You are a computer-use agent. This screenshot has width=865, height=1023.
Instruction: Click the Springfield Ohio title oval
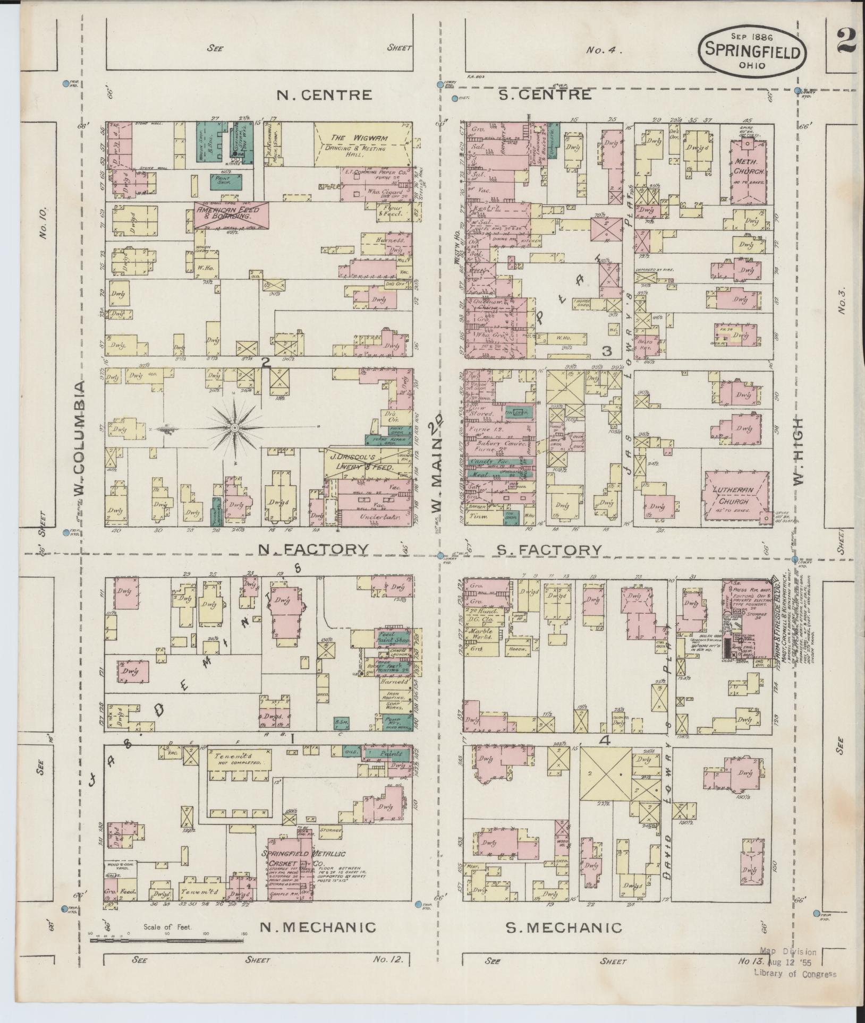753,51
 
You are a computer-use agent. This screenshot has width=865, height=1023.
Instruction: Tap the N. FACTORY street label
313,549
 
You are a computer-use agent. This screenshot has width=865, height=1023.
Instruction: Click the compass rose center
234,427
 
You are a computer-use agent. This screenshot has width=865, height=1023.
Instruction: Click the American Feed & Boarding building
232,215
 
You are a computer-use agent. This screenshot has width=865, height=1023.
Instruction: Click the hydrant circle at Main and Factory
440,555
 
